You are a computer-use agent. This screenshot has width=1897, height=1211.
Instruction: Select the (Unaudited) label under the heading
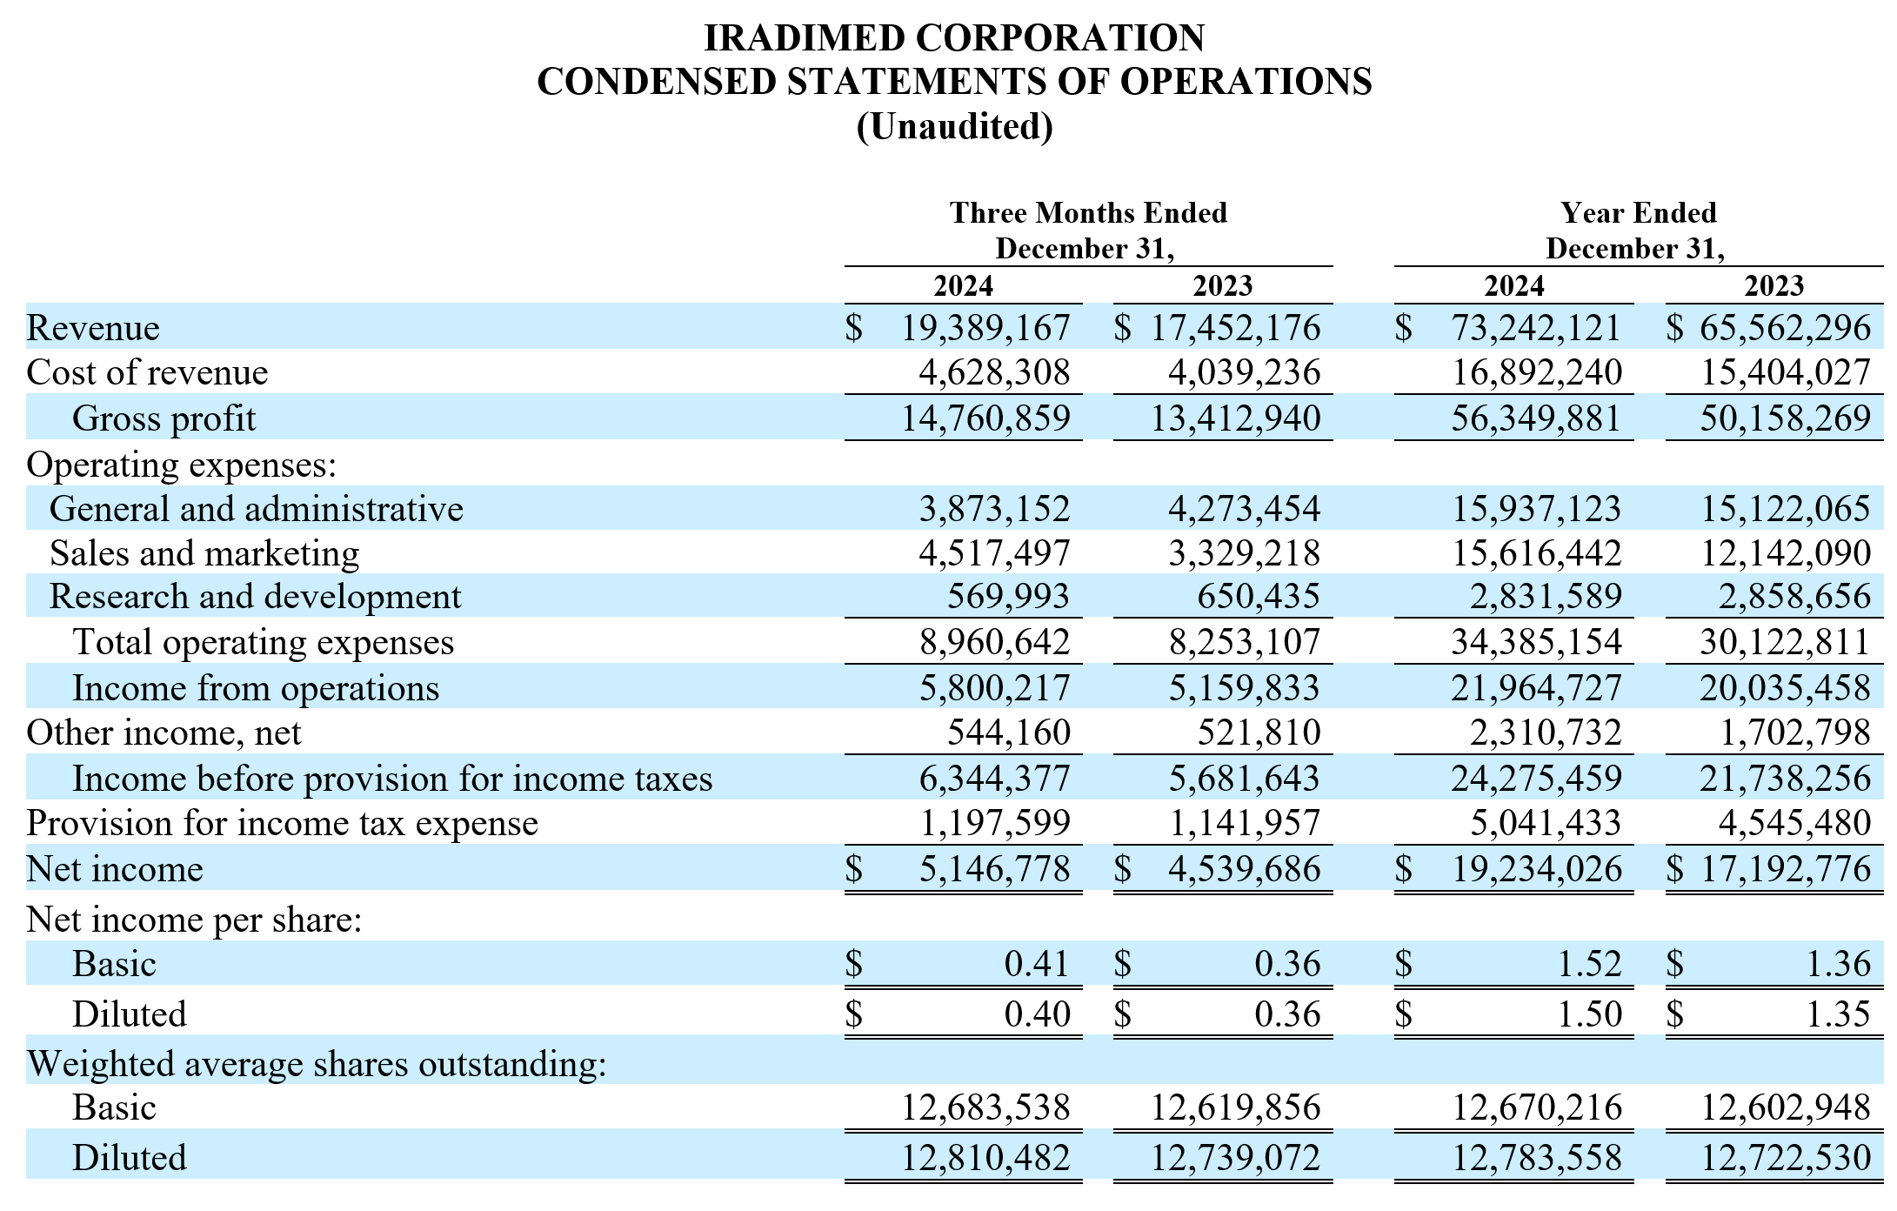click(954, 127)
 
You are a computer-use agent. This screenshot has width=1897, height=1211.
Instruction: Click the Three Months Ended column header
click(1088, 212)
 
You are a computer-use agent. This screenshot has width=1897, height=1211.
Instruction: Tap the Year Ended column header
click(1638, 212)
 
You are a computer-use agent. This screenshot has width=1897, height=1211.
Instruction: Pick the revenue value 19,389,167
click(985, 328)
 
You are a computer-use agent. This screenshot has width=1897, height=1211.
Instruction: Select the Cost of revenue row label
click(147, 372)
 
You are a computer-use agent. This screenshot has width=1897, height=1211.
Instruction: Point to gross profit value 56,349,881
click(1536, 418)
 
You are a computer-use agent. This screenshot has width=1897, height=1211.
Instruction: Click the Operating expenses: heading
click(181, 465)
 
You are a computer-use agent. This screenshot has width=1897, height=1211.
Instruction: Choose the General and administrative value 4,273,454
click(1244, 509)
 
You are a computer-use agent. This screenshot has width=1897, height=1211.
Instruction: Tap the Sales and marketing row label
click(204, 553)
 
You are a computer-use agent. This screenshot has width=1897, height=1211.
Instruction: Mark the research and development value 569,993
click(1008, 597)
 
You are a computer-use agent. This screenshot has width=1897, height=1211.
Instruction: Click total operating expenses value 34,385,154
click(1536, 642)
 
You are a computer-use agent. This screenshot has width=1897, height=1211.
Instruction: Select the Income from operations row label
click(256, 688)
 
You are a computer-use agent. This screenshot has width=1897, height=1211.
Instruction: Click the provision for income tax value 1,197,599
click(995, 823)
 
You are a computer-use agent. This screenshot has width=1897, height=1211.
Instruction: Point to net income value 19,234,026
click(1536, 869)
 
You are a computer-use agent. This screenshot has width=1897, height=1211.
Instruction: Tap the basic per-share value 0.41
click(1037, 964)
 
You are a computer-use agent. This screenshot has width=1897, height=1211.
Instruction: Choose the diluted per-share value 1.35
click(1839, 1014)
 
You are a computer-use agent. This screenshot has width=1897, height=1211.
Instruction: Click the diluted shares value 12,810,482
click(985, 1158)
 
